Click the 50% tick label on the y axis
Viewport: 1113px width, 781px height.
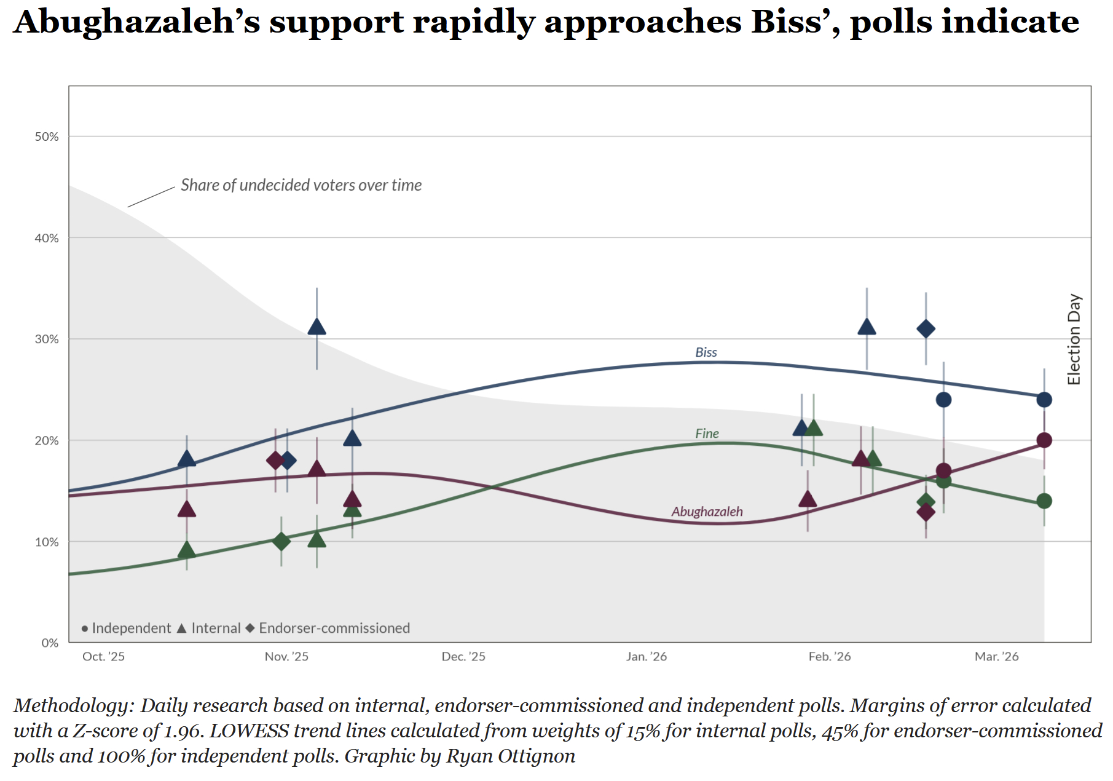click(47, 137)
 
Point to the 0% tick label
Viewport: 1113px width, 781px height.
click(50, 643)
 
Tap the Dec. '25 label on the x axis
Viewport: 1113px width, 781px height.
click(463, 657)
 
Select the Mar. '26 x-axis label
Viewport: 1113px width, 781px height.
click(996, 657)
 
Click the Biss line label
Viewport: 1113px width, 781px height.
click(706, 352)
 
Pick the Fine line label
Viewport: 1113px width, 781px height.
click(707, 434)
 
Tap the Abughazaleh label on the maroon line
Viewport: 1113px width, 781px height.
click(707, 512)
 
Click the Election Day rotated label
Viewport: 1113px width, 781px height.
click(1074, 339)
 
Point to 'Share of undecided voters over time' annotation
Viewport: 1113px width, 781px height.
click(301, 185)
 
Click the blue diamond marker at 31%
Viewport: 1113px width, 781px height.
click(926, 329)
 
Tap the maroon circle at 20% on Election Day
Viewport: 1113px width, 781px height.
click(1044, 440)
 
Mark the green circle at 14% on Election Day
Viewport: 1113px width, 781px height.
click(1044, 501)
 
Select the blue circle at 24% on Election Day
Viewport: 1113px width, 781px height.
click(1044, 400)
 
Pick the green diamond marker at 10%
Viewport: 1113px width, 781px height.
click(281, 542)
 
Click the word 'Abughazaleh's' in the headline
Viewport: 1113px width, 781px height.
click(136, 23)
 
